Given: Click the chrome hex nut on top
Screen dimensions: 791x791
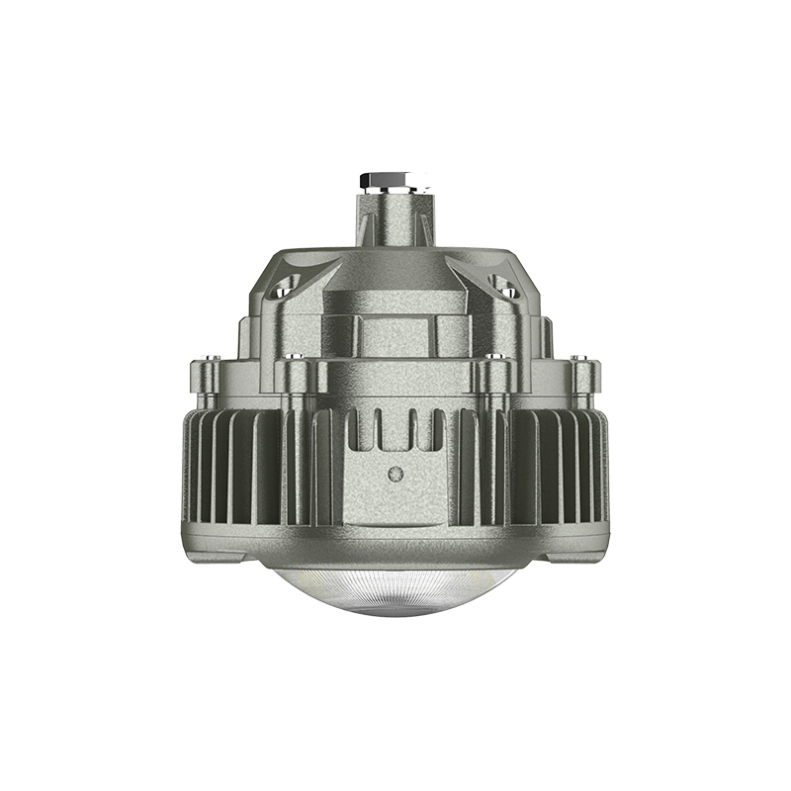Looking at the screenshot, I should click(395, 181).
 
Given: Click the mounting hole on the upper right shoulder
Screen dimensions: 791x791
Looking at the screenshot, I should click(504, 289).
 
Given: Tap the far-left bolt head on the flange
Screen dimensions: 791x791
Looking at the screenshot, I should click(209, 360).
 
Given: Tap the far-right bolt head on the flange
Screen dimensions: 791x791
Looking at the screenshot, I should click(582, 360).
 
